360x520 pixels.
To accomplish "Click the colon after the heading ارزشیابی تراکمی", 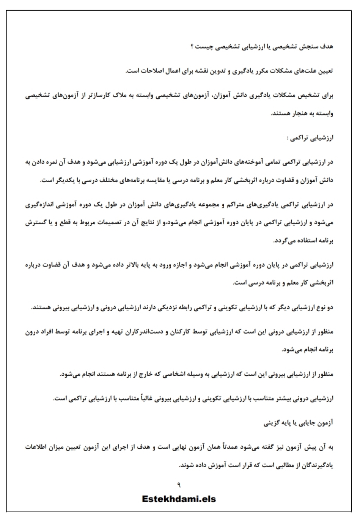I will (288, 138).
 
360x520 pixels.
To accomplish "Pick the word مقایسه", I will (147, 181).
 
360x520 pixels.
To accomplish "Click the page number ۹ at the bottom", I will (179, 485).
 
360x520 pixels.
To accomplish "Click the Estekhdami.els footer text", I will (179, 499).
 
